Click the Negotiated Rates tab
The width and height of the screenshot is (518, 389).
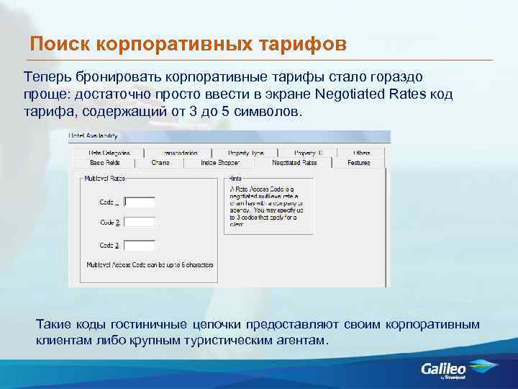[x=295, y=163]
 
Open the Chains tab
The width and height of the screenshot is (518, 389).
[x=160, y=163]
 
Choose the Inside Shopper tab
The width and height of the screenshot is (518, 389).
[x=219, y=163]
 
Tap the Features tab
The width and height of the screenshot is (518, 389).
[x=358, y=163]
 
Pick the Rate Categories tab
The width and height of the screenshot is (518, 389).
[x=109, y=153]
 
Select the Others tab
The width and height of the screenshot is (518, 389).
[x=361, y=153]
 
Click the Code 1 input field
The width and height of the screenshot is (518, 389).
[x=140, y=202]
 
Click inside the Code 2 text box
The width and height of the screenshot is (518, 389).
[x=140, y=223]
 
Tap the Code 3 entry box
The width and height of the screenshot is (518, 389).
[x=140, y=245]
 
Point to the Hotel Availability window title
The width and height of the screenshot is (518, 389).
[x=93, y=136]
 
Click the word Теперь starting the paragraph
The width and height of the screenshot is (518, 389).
[x=47, y=76]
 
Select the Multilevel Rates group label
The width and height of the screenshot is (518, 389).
[x=104, y=178]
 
